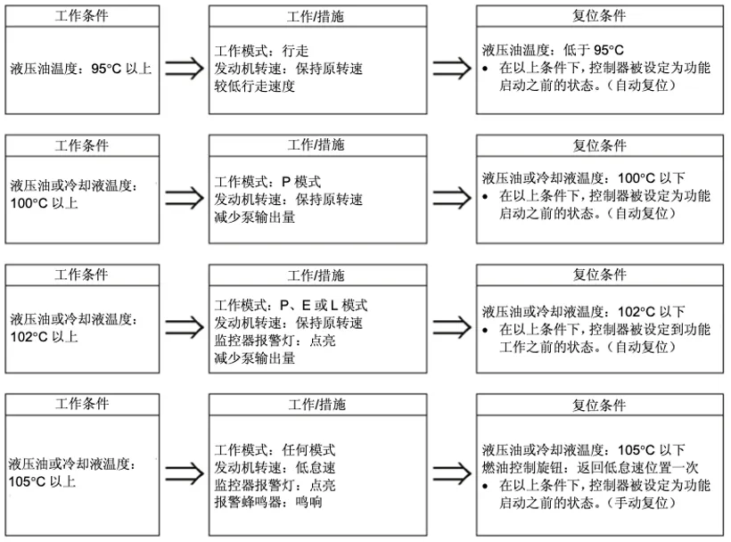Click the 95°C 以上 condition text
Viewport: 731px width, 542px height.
[81, 68]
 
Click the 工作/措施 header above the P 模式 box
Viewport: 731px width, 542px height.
[316, 144]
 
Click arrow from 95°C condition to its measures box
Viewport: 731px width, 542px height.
[184, 69]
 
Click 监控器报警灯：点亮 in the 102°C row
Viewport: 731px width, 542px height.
[274, 341]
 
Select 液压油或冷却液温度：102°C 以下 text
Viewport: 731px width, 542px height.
[584, 312]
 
